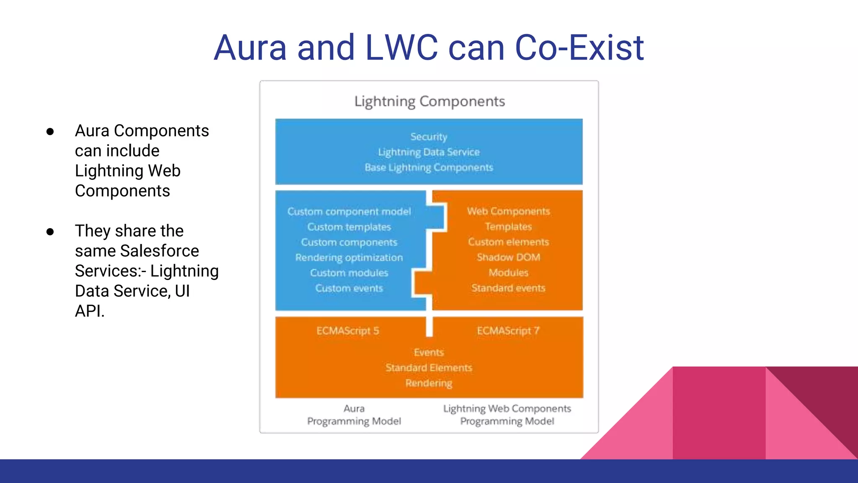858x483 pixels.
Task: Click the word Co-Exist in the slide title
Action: (579, 48)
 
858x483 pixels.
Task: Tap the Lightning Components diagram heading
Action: (429, 101)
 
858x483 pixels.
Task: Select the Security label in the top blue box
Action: (429, 137)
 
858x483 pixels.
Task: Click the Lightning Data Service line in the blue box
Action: (429, 152)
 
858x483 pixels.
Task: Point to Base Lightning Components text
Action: (429, 167)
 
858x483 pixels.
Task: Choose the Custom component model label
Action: (349, 211)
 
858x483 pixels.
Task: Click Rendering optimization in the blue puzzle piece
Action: (349, 257)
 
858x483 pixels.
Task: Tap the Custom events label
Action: (349, 288)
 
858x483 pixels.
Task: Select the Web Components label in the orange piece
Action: (508, 211)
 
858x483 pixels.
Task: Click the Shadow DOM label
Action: (508, 257)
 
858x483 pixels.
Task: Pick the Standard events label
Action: (508, 288)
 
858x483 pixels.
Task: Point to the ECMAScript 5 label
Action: (348, 331)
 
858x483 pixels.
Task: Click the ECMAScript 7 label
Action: (508, 331)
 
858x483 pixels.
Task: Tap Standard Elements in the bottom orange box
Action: (429, 368)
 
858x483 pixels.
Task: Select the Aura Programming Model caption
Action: (354, 415)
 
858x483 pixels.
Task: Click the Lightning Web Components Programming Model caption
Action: (507, 415)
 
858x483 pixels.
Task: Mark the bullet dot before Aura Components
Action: (50, 132)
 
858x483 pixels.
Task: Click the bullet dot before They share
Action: (50, 232)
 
